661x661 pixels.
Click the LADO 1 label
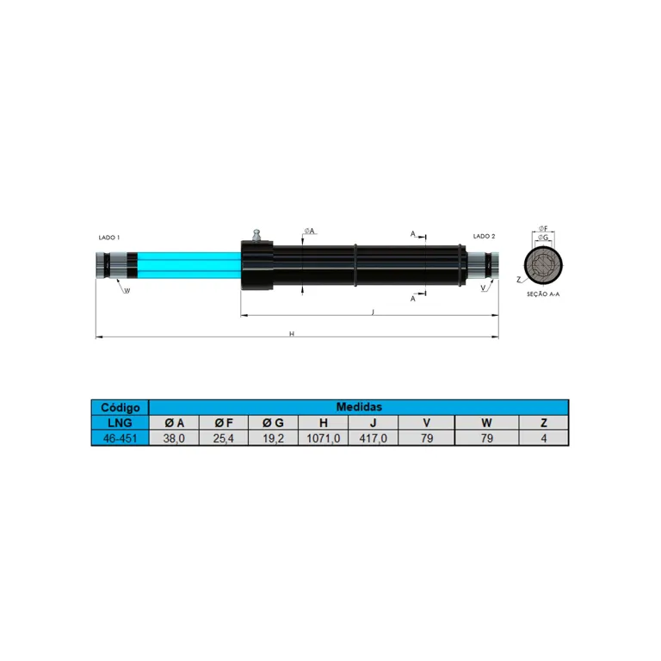(x=108, y=238)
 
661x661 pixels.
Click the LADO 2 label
(x=484, y=237)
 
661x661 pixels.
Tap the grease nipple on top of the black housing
(x=256, y=236)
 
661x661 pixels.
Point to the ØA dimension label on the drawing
(x=310, y=231)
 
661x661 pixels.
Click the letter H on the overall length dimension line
(x=292, y=334)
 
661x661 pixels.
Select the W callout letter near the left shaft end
(x=127, y=291)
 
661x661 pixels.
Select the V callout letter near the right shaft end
(x=483, y=288)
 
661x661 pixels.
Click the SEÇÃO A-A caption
(x=543, y=294)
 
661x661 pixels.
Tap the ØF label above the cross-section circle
(x=543, y=228)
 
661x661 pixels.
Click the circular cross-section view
(x=543, y=266)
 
